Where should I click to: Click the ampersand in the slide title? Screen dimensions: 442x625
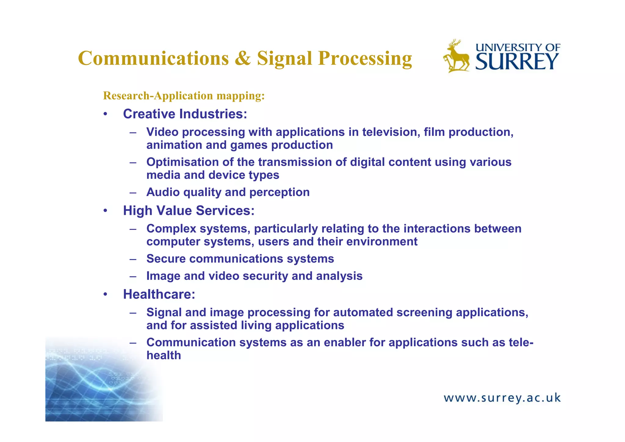tap(243, 59)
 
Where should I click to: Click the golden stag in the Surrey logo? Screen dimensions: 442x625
tap(457, 56)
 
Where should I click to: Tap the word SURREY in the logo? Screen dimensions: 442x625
tap(517, 62)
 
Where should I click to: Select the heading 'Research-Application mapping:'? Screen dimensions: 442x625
tap(184, 96)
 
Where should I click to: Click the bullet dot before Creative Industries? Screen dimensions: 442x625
tap(105, 114)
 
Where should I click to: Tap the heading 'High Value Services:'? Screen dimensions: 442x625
tap(189, 211)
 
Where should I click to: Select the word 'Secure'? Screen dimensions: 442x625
tap(166, 259)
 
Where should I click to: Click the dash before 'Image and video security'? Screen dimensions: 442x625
tap(132, 277)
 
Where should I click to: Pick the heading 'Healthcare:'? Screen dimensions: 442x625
tap(159, 294)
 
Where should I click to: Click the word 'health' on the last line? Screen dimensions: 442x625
tap(164, 356)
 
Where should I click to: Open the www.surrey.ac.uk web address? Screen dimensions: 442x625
tap(502, 398)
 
